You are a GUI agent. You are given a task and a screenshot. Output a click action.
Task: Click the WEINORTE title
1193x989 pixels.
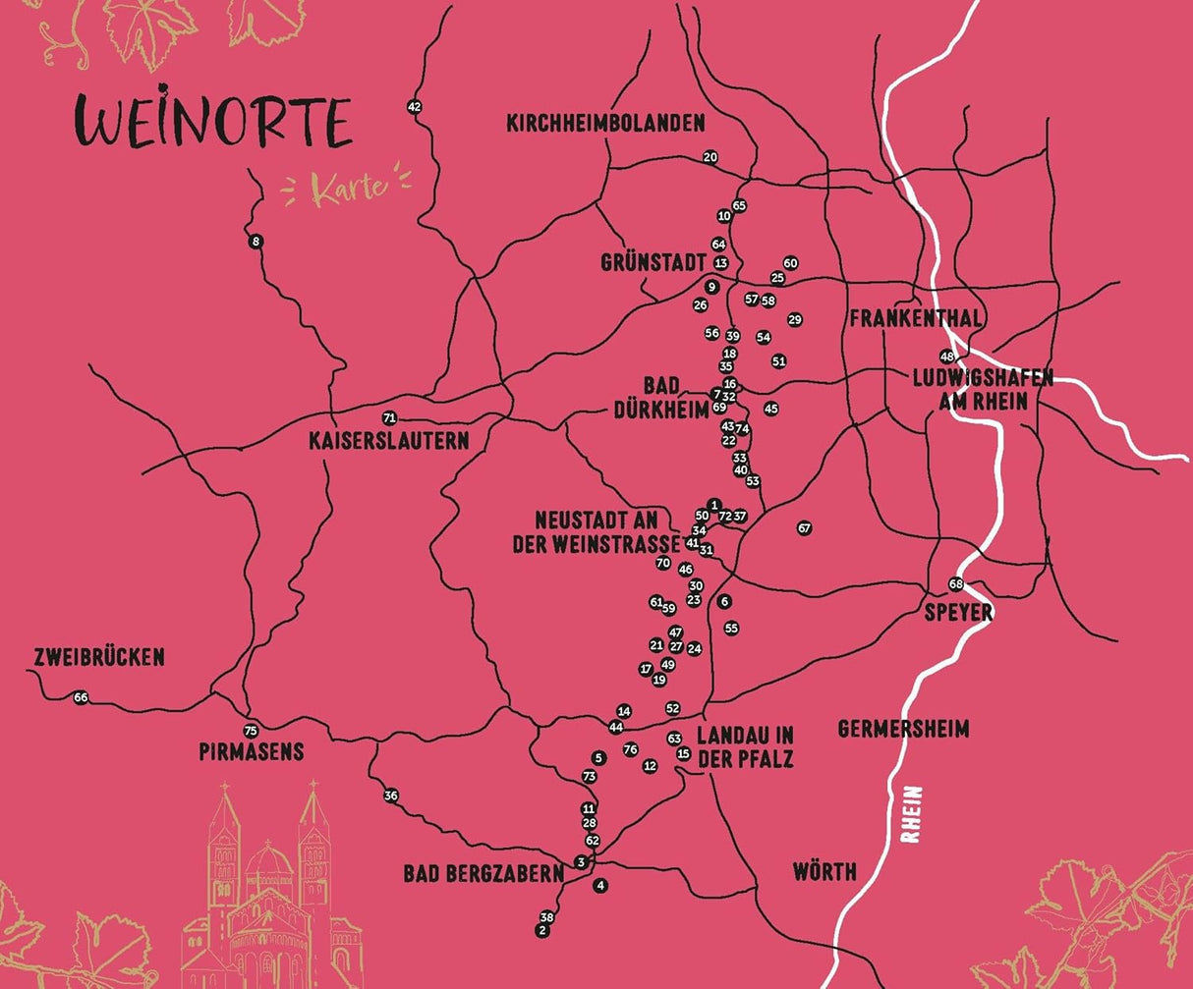(212, 123)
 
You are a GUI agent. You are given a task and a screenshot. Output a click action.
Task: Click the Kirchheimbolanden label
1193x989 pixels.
(605, 124)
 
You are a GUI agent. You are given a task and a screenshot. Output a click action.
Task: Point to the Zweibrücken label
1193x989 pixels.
(98, 657)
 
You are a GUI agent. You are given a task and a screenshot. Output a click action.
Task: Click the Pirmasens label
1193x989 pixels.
(251, 752)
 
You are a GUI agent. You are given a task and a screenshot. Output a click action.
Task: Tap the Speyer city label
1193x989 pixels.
(958, 613)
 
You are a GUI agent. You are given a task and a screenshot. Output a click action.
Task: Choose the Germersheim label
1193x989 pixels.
(903, 729)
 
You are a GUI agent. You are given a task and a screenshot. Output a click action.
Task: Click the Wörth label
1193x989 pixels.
(824, 871)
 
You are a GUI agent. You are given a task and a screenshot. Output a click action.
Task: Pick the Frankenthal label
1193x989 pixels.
(916, 319)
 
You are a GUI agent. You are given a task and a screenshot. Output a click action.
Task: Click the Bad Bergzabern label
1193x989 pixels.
(483, 873)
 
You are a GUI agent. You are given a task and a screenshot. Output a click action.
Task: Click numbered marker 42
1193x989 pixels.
(414, 107)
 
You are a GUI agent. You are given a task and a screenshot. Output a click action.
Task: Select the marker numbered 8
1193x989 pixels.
(256, 242)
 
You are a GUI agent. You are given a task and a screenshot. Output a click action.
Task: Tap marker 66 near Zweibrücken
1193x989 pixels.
(81, 697)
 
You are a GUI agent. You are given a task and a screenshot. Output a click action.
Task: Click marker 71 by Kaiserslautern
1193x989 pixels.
(389, 417)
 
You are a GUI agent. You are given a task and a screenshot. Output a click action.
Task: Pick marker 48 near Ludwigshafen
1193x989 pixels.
(947, 357)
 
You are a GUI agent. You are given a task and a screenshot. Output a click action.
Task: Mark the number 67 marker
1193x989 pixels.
(805, 528)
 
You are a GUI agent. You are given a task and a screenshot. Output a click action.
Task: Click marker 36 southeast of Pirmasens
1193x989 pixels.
(391, 796)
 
